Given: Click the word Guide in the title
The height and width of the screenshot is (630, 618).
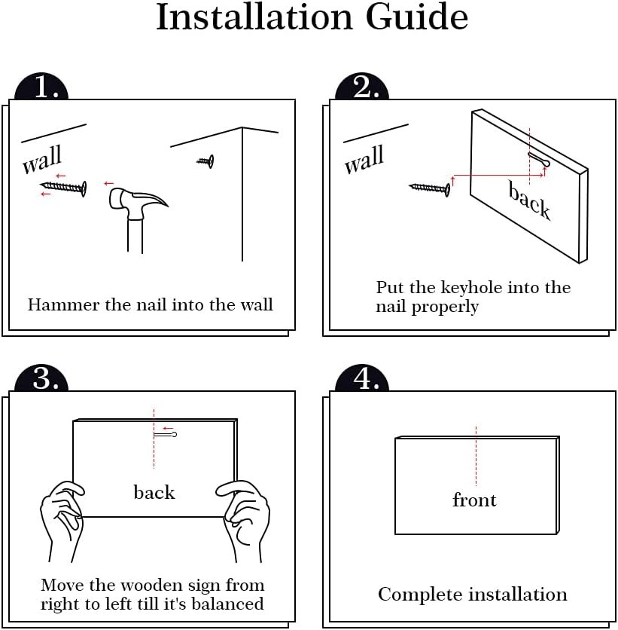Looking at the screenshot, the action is pyautogui.click(x=417, y=17).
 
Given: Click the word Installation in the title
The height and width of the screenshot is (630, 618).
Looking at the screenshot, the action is pyautogui.click(x=254, y=17).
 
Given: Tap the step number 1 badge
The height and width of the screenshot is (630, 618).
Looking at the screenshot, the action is pyautogui.click(x=41, y=87).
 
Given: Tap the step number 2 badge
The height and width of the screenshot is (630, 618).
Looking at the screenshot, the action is pyautogui.click(x=362, y=87).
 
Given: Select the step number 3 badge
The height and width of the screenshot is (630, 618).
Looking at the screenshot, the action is pyautogui.click(x=41, y=378).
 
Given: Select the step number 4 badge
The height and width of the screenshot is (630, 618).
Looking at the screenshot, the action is pyautogui.click(x=362, y=378).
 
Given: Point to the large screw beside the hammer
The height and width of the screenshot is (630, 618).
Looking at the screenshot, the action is pyautogui.click(x=63, y=187).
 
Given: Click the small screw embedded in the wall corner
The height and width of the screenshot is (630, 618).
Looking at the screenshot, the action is pyautogui.click(x=205, y=161).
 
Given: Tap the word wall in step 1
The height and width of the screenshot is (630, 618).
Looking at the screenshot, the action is pyautogui.click(x=41, y=160).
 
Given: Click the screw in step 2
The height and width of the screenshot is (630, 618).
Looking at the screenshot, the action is pyautogui.click(x=430, y=188).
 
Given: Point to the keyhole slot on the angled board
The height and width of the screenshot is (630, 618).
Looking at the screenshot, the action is pyautogui.click(x=538, y=159).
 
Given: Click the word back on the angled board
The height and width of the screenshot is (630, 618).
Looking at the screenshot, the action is pyautogui.click(x=529, y=200).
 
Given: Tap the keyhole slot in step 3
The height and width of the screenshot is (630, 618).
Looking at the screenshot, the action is pyautogui.click(x=165, y=435).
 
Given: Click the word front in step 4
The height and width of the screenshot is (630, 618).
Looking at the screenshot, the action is pyautogui.click(x=474, y=500).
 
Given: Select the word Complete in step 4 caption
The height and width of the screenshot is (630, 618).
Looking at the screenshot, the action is pyautogui.click(x=421, y=595).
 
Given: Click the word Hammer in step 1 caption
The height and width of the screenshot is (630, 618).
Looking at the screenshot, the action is pyautogui.click(x=64, y=304).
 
